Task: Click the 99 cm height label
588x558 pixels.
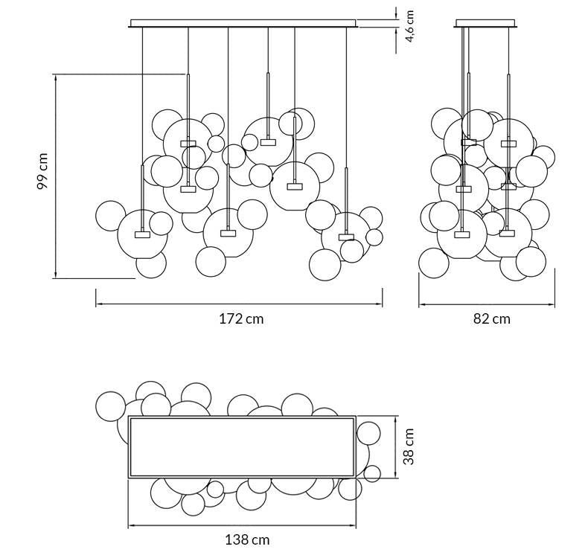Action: pyautogui.click(x=43, y=172)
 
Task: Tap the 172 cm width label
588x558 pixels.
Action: pyautogui.click(x=241, y=319)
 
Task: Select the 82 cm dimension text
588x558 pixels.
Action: pyautogui.click(x=492, y=319)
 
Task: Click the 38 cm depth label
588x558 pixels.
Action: pyautogui.click(x=409, y=446)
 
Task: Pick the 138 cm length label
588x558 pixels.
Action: pyautogui.click(x=247, y=540)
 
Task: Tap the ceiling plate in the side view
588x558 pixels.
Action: pyautogui.click(x=487, y=24)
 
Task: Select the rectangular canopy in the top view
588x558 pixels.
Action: pyautogui.click(x=241, y=446)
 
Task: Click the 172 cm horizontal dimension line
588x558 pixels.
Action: pyautogui.click(x=238, y=304)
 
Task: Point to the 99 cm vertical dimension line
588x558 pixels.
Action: pyautogui.click(x=56, y=176)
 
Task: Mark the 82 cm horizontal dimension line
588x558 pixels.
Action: pyautogui.click(x=486, y=304)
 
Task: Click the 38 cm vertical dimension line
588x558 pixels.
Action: pyautogui.click(x=395, y=446)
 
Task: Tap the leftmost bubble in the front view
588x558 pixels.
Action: pyautogui.click(x=111, y=216)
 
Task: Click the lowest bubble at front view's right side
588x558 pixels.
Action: pyautogui.click(x=325, y=265)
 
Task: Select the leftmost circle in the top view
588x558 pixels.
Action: pyautogui.click(x=111, y=406)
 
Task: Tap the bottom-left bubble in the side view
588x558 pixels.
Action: pyautogui.click(x=434, y=263)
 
